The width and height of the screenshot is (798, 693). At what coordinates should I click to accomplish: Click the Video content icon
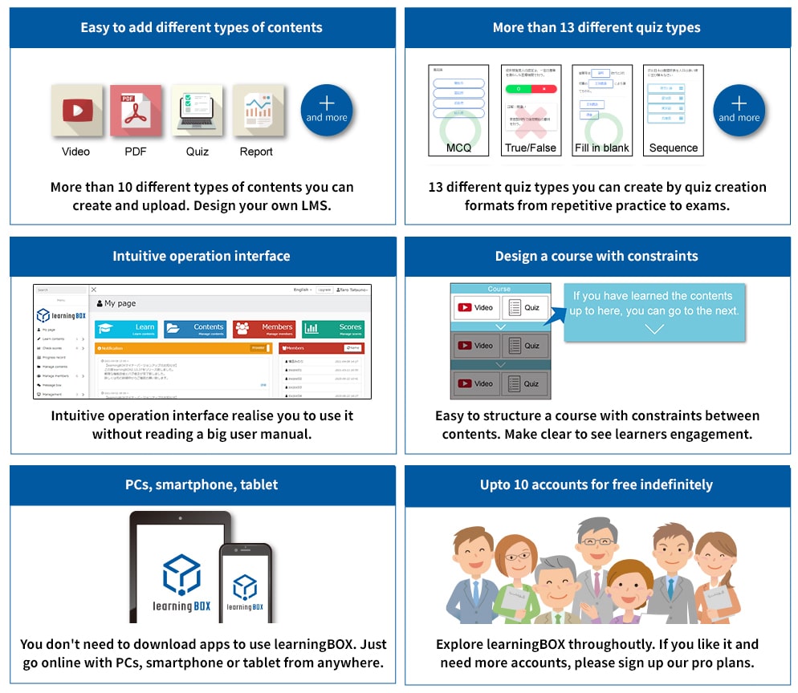click(x=76, y=110)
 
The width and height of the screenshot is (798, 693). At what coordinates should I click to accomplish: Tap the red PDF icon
click(x=136, y=110)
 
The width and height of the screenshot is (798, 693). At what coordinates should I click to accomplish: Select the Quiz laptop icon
click(x=197, y=110)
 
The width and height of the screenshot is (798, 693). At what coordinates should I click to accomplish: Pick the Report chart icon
click(x=257, y=110)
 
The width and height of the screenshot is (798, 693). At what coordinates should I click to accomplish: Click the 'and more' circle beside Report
click(x=327, y=110)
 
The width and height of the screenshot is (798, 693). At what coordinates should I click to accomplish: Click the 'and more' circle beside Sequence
click(x=739, y=110)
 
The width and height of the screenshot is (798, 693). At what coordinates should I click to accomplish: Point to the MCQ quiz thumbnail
click(x=458, y=110)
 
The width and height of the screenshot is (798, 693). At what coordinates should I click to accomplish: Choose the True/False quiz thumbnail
click(x=531, y=110)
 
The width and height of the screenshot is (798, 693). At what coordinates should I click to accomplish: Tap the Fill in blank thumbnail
click(x=602, y=110)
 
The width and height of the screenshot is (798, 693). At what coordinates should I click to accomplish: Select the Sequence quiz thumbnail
click(x=673, y=110)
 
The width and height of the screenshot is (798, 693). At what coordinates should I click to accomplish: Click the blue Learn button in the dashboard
click(x=126, y=329)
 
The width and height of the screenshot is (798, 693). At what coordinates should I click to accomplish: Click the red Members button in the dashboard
click(x=263, y=329)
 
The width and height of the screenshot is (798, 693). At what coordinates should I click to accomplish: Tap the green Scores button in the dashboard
click(x=334, y=329)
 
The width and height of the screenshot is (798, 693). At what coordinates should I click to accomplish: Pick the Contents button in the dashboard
click(x=195, y=329)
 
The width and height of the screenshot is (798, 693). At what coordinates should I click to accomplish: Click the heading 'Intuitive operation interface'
click(x=202, y=257)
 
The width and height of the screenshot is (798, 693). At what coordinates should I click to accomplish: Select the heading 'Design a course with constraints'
click(x=596, y=257)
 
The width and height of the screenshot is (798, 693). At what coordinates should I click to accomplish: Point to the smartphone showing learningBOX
click(x=246, y=582)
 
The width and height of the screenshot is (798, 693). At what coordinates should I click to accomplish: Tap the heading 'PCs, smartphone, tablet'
click(x=202, y=485)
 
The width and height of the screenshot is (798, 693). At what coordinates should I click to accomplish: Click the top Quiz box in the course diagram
click(x=525, y=307)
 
